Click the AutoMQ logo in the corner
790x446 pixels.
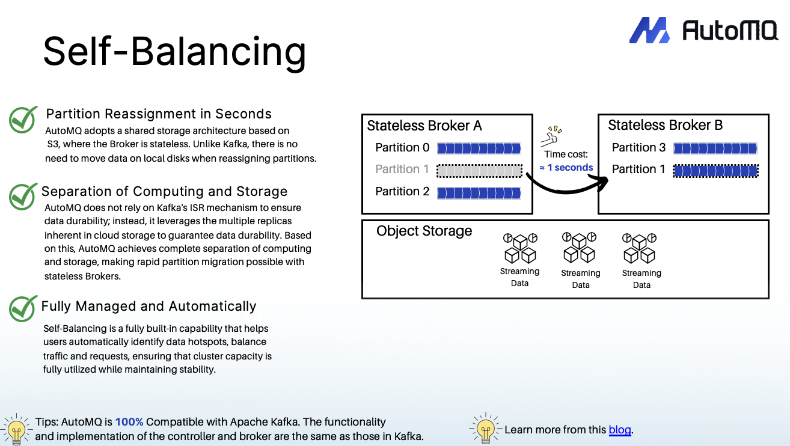coord(703,29)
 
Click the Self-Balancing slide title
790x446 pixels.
coord(174,50)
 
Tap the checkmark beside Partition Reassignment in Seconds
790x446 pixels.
coord(24,120)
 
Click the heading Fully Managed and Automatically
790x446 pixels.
coord(149,307)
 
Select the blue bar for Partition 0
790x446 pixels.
coord(479,148)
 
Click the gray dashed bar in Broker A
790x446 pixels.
coord(479,171)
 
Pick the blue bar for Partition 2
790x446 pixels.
coord(479,192)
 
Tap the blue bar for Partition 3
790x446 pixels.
coord(715,148)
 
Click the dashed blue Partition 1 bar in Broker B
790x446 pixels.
coord(715,171)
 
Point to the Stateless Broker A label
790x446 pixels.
coord(424,126)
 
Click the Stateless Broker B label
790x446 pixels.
coord(665,125)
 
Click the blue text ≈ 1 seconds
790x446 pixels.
coord(566,168)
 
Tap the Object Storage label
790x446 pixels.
coord(424,231)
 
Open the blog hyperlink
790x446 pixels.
coord(620,430)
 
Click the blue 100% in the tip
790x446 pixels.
coord(129,422)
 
